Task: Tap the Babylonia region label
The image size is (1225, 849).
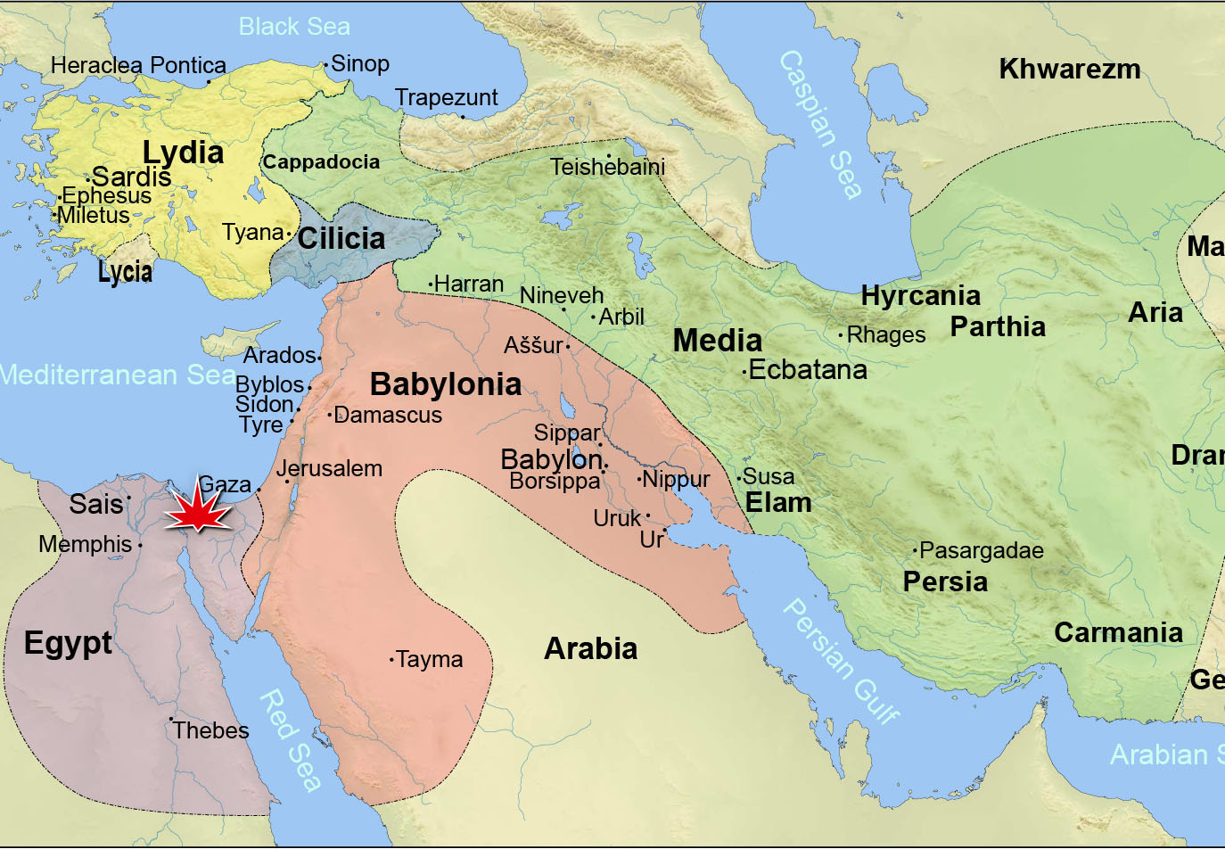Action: click(446, 384)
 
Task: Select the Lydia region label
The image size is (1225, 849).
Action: click(184, 152)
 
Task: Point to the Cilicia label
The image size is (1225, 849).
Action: click(341, 239)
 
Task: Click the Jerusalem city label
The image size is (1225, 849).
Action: click(329, 469)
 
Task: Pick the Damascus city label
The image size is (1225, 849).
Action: click(388, 416)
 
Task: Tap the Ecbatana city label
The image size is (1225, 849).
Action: click(808, 370)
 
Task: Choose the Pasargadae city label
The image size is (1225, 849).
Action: click(981, 550)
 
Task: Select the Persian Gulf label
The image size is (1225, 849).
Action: click(841, 661)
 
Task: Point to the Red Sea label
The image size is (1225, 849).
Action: click(290, 740)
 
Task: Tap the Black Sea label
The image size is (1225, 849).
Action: click(294, 27)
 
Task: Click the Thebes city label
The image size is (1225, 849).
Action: click(211, 730)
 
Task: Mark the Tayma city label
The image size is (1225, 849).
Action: click(429, 660)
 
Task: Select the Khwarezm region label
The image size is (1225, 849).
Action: click(1069, 70)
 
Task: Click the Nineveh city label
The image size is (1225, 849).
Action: click(562, 295)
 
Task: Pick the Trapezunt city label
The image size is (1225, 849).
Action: click(447, 98)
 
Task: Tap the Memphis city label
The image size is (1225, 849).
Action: click(86, 544)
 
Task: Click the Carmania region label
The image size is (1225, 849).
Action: click(1118, 633)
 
